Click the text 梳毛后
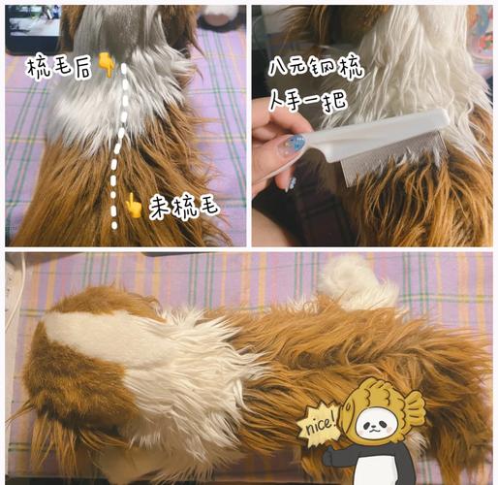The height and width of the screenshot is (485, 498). (59, 68)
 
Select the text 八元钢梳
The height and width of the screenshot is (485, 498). (316, 69)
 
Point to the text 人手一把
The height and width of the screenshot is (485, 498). (308, 100)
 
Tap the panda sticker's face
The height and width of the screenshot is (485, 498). (376, 425)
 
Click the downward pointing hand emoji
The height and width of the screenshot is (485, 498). (107, 65)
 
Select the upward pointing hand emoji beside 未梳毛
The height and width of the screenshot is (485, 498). (134, 206)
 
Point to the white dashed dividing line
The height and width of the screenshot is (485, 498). (118, 145)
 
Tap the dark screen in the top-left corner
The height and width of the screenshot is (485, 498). (32, 27)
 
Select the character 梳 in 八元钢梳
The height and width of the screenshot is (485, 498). (351, 69)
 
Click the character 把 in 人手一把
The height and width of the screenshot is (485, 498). (336, 101)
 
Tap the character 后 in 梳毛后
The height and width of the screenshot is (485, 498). (82, 69)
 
